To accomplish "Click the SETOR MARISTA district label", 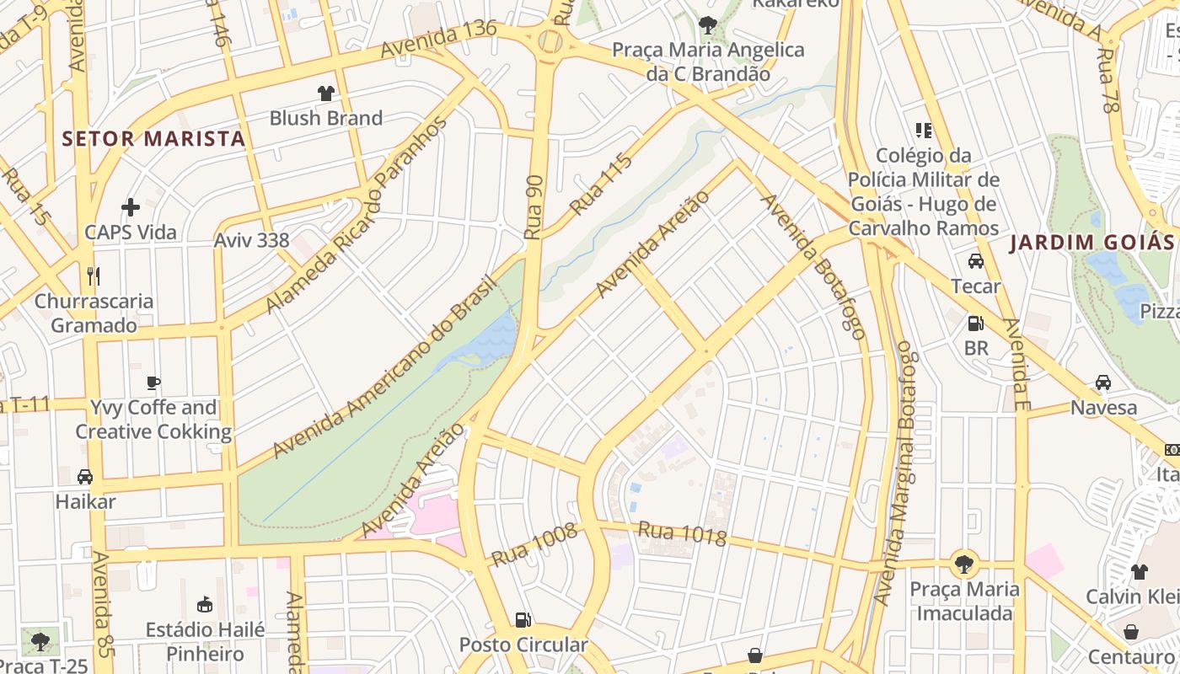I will click(153, 139).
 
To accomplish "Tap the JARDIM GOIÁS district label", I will click(1092, 243).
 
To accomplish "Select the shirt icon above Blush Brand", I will click(325, 94).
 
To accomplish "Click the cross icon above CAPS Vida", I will click(131, 207).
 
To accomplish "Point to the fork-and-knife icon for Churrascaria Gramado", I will click(94, 275).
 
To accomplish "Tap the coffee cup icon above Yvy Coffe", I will click(153, 382).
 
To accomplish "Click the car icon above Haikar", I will click(85, 477).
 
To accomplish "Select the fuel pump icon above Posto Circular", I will click(523, 620).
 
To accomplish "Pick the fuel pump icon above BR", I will click(976, 323).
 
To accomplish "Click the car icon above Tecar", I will click(976, 261).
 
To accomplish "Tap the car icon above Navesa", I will click(1103, 382).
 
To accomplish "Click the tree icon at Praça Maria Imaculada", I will click(964, 563).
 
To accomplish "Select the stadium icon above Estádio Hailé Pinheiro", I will click(205, 604).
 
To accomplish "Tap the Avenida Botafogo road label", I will click(814, 267).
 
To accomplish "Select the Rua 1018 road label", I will click(682, 533).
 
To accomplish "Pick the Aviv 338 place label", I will click(251, 240).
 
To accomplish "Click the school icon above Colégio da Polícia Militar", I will click(924, 131).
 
